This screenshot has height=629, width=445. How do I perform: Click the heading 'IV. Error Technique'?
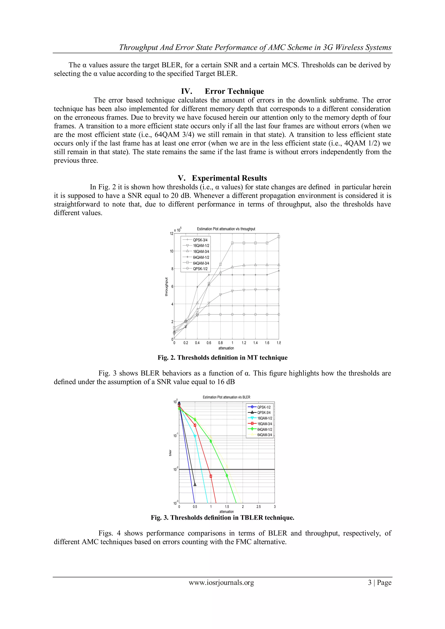[222, 91]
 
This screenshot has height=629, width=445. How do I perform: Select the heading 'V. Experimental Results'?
[222, 178]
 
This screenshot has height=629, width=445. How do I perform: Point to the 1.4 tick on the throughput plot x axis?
[255, 343]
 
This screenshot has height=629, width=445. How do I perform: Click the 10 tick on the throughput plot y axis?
[171, 251]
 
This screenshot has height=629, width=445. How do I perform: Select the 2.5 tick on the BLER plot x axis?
[259, 506]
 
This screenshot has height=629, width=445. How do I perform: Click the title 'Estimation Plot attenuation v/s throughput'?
[226, 229]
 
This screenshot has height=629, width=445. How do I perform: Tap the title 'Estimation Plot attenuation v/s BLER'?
[226, 397]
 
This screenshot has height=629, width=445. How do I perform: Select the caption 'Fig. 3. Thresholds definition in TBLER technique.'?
[222, 518]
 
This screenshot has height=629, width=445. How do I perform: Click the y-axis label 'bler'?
[170, 453]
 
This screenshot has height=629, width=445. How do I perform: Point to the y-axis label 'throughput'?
[166, 287]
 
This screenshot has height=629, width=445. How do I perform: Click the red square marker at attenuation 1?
[211, 476]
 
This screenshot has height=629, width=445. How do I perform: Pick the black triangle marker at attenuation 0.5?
[195, 485]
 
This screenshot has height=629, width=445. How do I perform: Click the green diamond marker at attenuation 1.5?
[227, 476]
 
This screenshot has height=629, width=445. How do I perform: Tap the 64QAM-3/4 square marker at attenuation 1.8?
[279, 237]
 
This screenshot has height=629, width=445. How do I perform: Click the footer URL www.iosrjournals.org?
[221, 583]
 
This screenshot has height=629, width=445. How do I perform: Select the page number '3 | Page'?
[380, 583]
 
